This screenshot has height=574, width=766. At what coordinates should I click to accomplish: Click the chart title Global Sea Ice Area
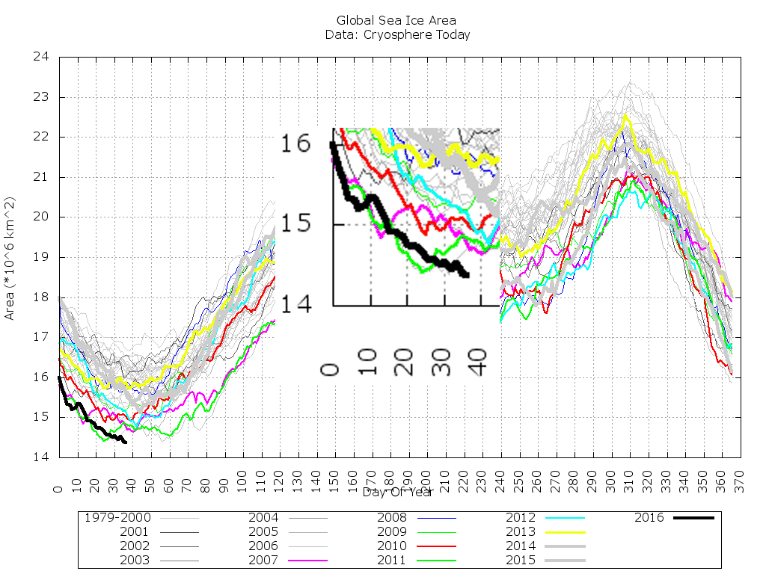pyautogui.click(x=396, y=20)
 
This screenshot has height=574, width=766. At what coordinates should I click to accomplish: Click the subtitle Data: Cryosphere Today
pyautogui.click(x=397, y=34)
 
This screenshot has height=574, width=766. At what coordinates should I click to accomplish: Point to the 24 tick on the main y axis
pyautogui.click(x=40, y=57)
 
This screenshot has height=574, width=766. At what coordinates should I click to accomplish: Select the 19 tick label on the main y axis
pyautogui.click(x=40, y=257)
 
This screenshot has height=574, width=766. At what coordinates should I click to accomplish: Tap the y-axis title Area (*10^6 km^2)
pyautogui.click(x=10, y=258)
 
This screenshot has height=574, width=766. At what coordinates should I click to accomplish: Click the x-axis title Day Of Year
pyautogui.click(x=397, y=492)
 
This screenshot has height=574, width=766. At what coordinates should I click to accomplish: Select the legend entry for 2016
pyautogui.click(x=673, y=517)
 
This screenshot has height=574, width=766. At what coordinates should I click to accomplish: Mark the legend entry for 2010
pyautogui.click(x=418, y=546)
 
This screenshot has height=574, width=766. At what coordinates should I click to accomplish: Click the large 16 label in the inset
pyautogui.click(x=295, y=142)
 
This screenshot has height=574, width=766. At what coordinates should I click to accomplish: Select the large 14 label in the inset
pyautogui.click(x=295, y=303)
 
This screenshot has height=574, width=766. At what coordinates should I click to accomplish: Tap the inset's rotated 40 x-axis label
pyautogui.click(x=481, y=360)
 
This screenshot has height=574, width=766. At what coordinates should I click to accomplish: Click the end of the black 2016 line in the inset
pyautogui.click(x=466, y=275)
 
